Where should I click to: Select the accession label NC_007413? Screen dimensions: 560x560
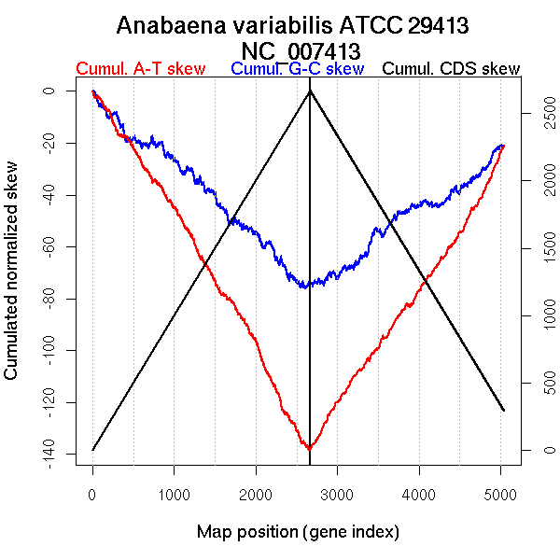pyautogui.click(x=299, y=49)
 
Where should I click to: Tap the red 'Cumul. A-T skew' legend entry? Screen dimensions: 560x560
pyautogui.click(x=143, y=69)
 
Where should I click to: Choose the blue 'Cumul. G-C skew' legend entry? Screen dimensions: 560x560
pyautogui.click(x=297, y=69)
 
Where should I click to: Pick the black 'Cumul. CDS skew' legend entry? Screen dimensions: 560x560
pyautogui.click(x=452, y=69)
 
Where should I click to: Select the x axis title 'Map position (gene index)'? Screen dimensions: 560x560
pyautogui.click(x=298, y=532)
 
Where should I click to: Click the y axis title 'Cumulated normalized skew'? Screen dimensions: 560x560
pyautogui.click(x=12, y=281)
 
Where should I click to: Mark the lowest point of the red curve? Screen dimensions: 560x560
pyautogui.click(x=309, y=449)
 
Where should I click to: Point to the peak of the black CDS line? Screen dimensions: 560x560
pyautogui.click(x=310, y=91)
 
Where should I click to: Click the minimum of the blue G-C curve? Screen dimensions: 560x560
pyautogui.click(x=304, y=287)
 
